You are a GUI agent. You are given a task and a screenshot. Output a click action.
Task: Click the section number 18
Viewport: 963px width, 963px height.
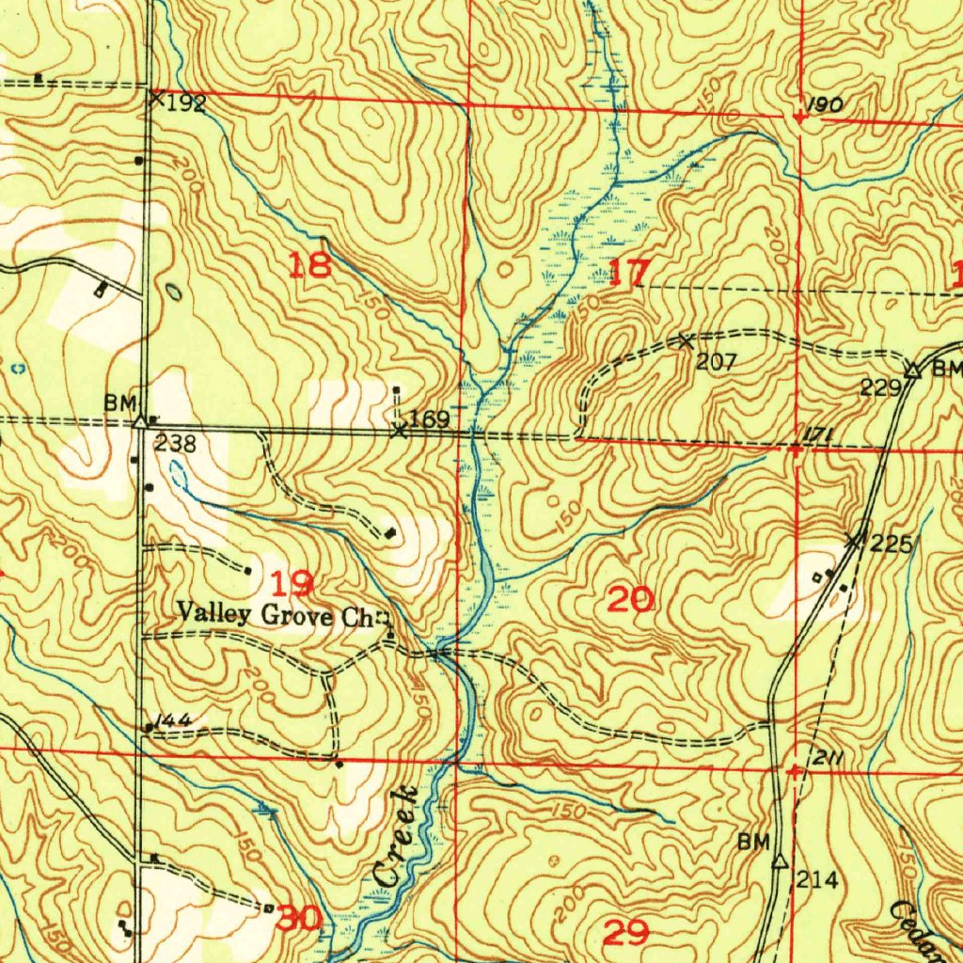point(309,266)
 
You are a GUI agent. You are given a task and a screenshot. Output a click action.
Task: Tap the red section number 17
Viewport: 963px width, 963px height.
point(627,274)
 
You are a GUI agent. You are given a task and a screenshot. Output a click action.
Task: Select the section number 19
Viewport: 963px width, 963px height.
point(293,584)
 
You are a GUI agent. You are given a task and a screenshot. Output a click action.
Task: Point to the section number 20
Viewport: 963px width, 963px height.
point(631,599)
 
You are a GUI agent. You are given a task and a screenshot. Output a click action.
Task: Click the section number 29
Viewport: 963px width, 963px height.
point(625,933)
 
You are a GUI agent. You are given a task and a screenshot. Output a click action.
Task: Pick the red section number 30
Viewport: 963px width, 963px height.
point(300,918)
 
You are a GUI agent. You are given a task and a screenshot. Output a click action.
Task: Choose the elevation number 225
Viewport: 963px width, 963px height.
point(890,544)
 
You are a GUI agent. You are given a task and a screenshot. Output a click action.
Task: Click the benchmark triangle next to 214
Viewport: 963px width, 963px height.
point(779,860)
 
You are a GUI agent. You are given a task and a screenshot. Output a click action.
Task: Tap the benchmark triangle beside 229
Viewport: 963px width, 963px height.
point(911,371)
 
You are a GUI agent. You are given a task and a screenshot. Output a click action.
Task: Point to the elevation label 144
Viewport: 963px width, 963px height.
point(175,720)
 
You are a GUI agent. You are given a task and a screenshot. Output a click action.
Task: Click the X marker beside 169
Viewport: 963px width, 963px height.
point(399,431)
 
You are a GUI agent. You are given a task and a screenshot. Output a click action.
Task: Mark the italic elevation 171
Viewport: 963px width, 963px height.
point(814,433)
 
